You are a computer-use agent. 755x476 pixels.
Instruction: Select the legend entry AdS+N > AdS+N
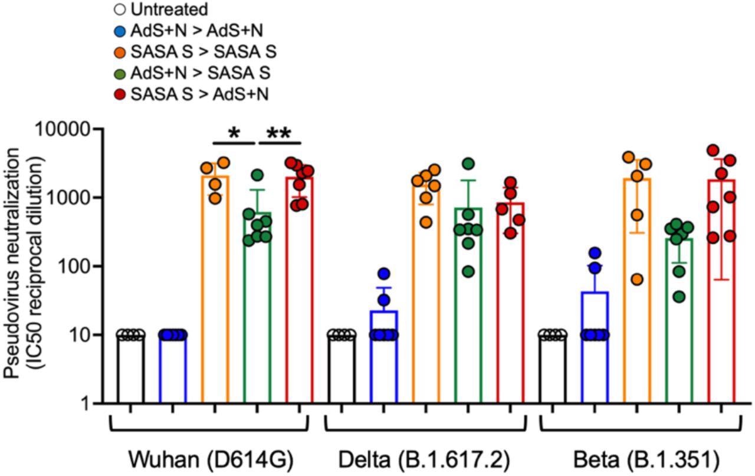tap(188, 31)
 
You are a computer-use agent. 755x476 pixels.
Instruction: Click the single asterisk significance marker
tap(234, 133)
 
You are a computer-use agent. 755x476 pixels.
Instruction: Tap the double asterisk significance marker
tap(278, 133)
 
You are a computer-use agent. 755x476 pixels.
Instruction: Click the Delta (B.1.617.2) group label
tap(423, 459)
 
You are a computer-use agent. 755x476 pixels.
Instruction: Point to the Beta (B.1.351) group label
tap(640, 459)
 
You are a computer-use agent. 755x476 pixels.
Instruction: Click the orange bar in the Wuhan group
tap(215, 295)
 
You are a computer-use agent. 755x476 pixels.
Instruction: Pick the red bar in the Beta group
tap(721, 295)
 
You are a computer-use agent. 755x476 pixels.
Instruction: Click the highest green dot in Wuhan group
tap(257, 175)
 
